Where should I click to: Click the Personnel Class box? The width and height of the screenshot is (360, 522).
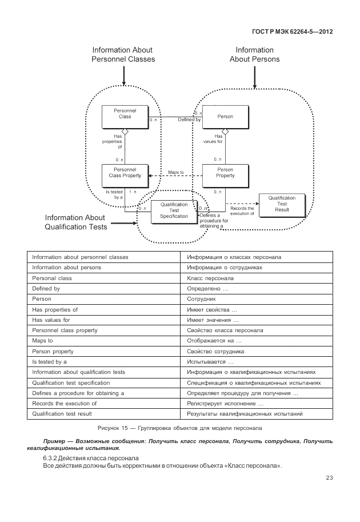pos(125,117)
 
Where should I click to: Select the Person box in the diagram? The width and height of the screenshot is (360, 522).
pos(225,117)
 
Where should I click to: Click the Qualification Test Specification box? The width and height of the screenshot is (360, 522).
pos(174,210)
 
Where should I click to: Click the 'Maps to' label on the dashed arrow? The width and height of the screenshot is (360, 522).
pos(176,172)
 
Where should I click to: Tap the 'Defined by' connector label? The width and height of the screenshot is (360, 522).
pos(189,120)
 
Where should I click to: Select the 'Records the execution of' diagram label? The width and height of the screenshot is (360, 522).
pos(242,211)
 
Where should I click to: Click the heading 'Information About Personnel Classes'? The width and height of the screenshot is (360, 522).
pos(123,54)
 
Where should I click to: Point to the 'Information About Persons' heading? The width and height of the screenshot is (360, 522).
pos(254,54)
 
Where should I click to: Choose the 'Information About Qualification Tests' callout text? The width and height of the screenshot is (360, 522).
pos(75,222)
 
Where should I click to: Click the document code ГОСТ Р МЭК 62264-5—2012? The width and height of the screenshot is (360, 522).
pos(291,31)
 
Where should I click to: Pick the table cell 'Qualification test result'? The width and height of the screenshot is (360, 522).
pos(62,414)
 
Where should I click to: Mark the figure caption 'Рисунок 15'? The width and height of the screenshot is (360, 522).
pos(179,428)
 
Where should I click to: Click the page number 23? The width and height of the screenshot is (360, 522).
pos(329,478)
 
